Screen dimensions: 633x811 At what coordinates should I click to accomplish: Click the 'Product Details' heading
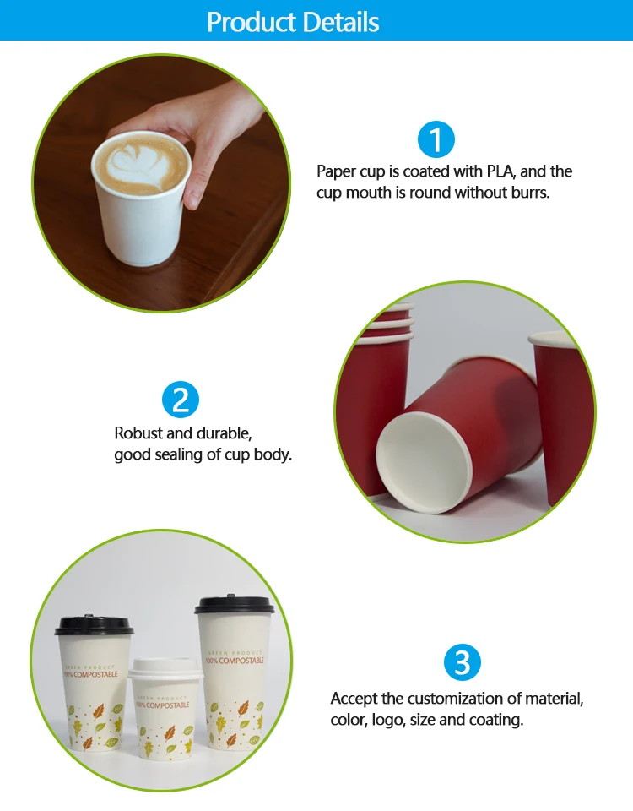tap(293, 22)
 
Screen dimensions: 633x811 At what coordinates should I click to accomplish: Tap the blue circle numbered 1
tap(436, 139)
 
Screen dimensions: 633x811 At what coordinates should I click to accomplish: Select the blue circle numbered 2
tap(181, 400)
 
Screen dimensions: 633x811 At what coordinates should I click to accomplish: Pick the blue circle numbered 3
tap(463, 662)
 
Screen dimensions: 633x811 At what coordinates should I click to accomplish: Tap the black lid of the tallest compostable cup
tap(235, 605)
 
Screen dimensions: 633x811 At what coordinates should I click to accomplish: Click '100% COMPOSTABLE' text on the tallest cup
tap(235, 661)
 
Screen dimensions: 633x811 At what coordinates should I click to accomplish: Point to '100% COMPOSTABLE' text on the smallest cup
tap(163, 705)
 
